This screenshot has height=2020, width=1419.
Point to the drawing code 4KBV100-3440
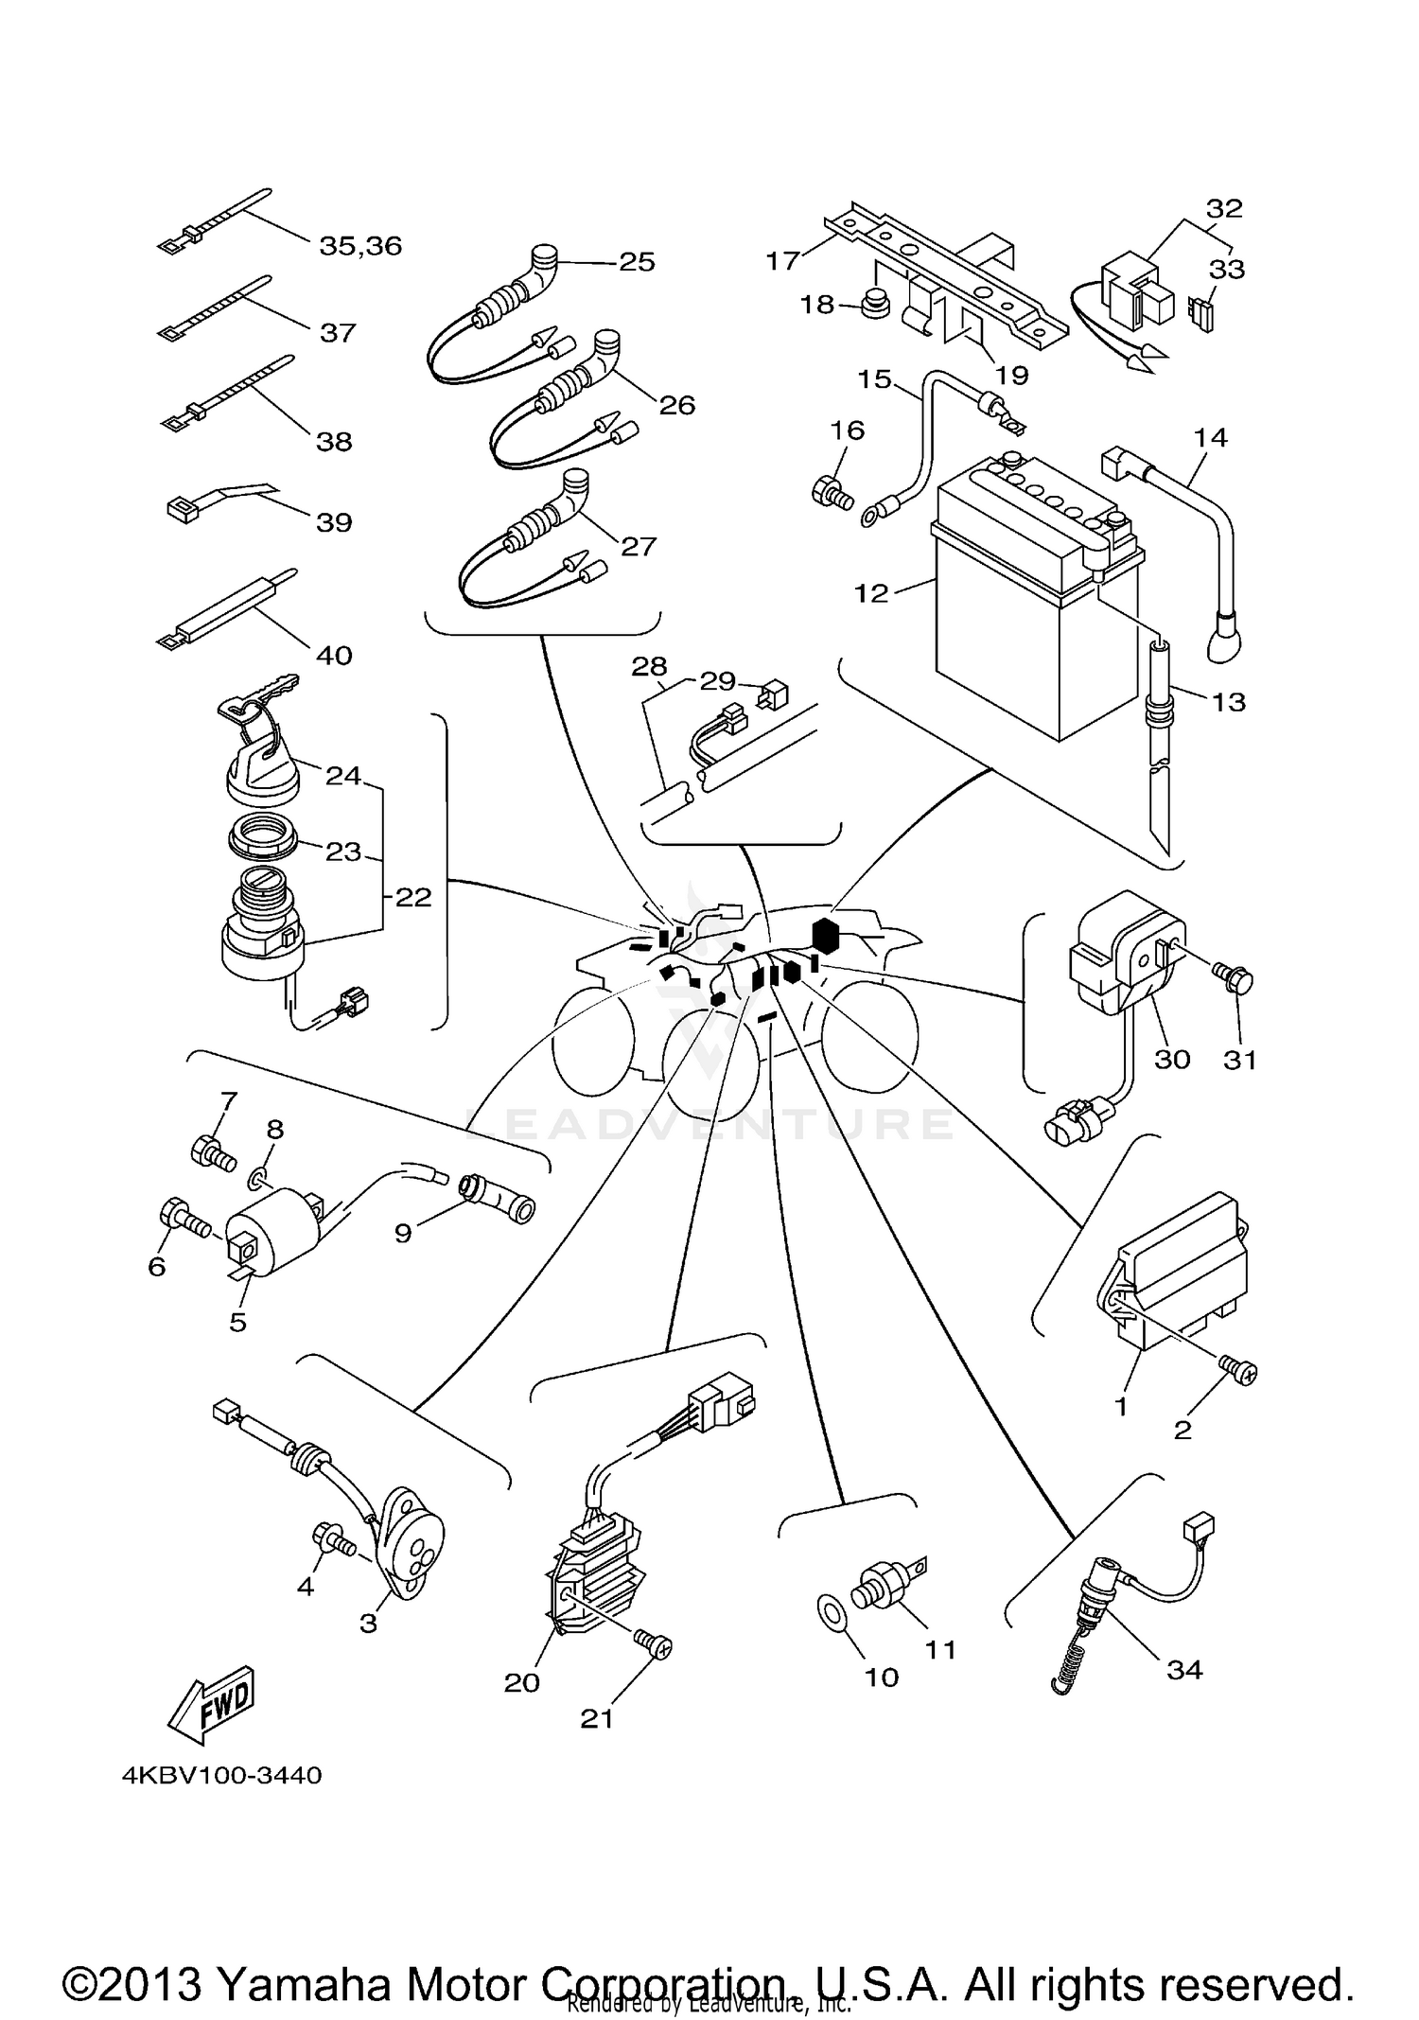tap(221, 1775)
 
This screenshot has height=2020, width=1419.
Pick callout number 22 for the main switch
tap(413, 896)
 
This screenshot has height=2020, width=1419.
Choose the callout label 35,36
tap(360, 246)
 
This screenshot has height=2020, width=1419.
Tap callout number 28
tap(650, 667)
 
